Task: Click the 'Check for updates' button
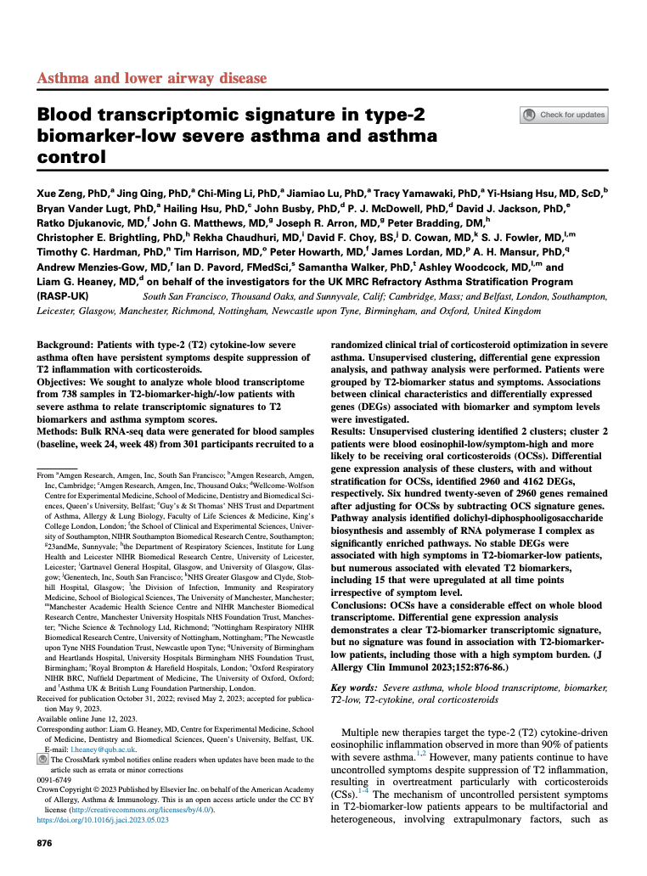pos(564,115)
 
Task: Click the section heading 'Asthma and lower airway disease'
pos(152,79)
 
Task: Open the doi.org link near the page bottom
pos(103,820)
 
